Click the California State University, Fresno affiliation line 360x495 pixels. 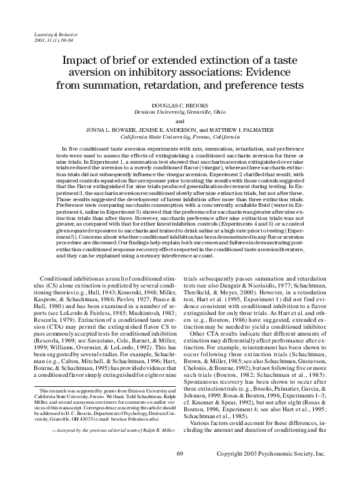coord(179,138)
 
